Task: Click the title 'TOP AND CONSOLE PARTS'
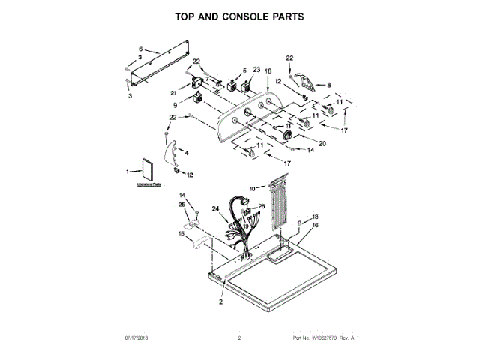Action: (x=239, y=15)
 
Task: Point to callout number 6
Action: (x=139, y=49)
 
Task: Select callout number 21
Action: (x=172, y=93)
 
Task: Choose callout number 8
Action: (x=328, y=85)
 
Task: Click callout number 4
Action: (x=187, y=153)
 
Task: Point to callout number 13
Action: (x=315, y=216)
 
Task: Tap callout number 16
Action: (x=315, y=225)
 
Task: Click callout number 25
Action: (x=181, y=205)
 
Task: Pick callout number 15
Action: (x=181, y=234)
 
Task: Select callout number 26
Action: (x=262, y=206)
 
